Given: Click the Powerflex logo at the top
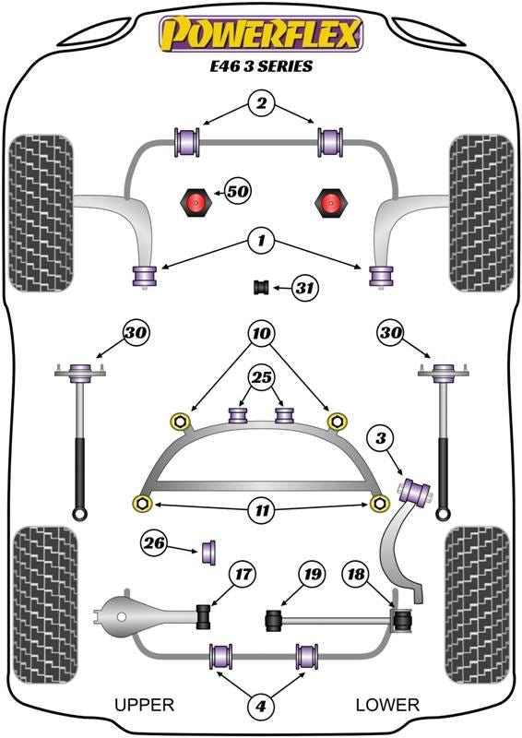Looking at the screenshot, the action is pyautogui.click(x=261, y=34).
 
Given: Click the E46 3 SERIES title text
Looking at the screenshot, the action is pyautogui.click(x=261, y=65).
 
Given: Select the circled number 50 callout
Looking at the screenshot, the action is pyautogui.click(x=238, y=191).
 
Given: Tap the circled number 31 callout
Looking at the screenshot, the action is pyautogui.click(x=304, y=287).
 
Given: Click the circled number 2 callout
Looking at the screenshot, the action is pyautogui.click(x=261, y=103).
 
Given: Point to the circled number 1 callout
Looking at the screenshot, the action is pyautogui.click(x=261, y=241).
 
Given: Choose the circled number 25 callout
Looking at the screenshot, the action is pyautogui.click(x=262, y=377).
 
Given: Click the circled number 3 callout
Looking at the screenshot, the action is pyautogui.click(x=381, y=438).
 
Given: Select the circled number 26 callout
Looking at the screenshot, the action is pyautogui.click(x=154, y=543).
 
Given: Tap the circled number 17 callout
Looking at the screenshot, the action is pyautogui.click(x=243, y=574).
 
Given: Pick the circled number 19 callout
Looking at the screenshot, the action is pyautogui.click(x=312, y=574).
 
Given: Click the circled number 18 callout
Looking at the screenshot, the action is pyautogui.click(x=356, y=574).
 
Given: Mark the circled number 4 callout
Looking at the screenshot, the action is pyautogui.click(x=261, y=706).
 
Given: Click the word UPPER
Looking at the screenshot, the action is pyautogui.click(x=145, y=705).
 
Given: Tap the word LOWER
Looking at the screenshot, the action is pyautogui.click(x=387, y=705).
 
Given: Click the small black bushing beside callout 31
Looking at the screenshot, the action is pyautogui.click(x=261, y=287).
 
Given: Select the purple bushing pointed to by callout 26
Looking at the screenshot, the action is pyautogui.click(x=208, y=552).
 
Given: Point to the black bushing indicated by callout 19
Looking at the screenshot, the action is pyautogui.click(x=274, y=620).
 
